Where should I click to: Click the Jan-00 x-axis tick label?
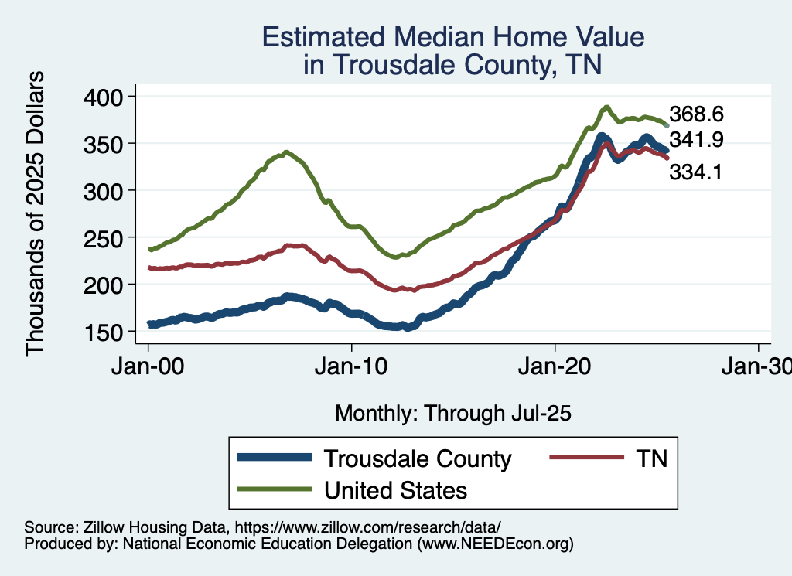(x=148, y=366)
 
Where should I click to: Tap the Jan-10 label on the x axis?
(x=352, y=366)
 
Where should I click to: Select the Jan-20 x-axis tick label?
(x=555, y=366)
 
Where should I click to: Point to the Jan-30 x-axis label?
(x=756, y=366)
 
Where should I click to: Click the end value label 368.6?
(x=696, y=114)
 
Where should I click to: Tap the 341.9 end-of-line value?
(x=696, y=140)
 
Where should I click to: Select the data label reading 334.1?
(x=696, y=172)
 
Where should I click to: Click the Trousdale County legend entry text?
(x=418, y=458)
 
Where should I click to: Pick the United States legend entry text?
(x=395, y=489)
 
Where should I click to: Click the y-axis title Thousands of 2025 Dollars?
(x=36, y=214)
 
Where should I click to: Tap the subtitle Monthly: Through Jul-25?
(x=452, y=414)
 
